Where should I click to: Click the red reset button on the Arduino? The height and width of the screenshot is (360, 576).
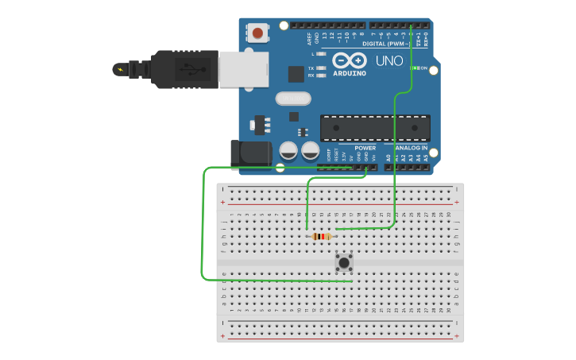(x=257, y=33)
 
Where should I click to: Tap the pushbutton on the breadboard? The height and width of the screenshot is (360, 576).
(x=343, y=261)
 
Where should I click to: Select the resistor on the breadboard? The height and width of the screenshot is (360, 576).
(x=321, y=236)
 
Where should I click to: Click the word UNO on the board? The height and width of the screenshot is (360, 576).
(x=389, y=60)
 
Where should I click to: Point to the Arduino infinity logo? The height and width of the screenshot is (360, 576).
(x=349, y=60)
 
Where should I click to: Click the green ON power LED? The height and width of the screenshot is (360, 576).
(x=414, y=68)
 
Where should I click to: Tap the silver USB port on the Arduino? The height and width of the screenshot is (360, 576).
(x=243, y=68)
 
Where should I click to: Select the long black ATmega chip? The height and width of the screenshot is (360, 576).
(x=374, y=127)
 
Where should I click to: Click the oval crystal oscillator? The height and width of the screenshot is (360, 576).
(x=293, y=99)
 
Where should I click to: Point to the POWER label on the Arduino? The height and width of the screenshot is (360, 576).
(x=365, y=148)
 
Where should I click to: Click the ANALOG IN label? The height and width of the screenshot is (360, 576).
(x=411, y=148)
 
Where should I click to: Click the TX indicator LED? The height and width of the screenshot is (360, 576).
(x=321, y=68)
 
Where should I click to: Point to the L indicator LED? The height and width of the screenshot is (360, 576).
(x=321, y=54)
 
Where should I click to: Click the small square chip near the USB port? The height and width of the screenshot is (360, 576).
(x=296, y=74)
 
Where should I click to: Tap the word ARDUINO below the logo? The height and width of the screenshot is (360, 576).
(x=349, y=73)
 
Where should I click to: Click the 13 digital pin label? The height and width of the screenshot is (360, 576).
(x=324, y=37)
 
